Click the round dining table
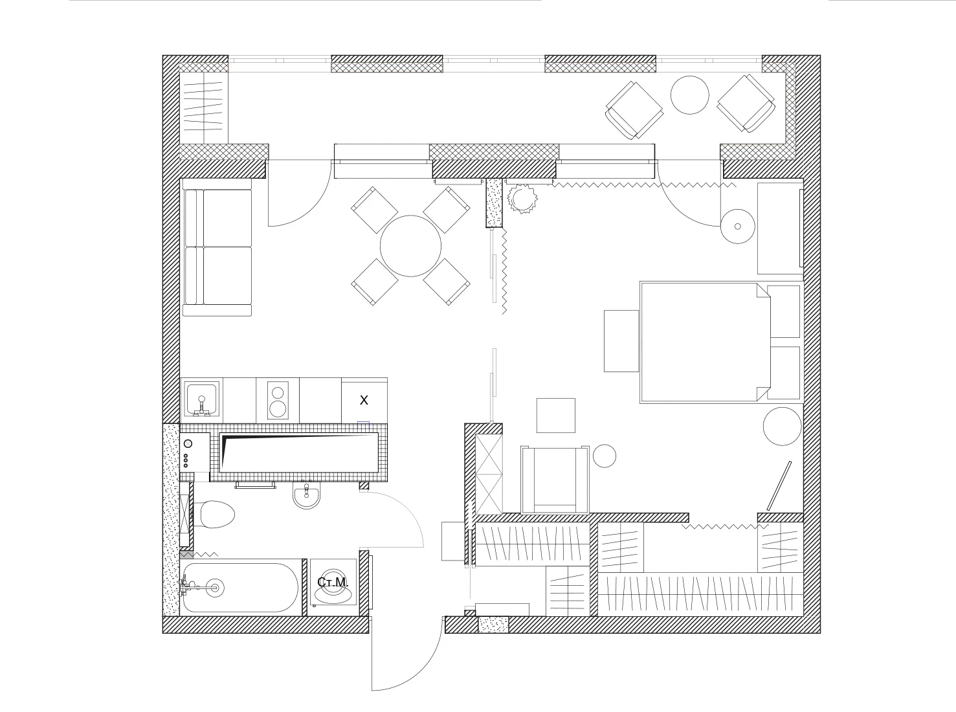(410, 246)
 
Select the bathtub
(239, 588)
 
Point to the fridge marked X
(364, 401)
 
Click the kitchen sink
(201, 399)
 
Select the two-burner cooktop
(278, 400)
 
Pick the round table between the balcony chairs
(689, 95)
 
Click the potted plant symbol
(522, 199)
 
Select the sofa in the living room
(217, 247)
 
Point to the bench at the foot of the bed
(621, 341)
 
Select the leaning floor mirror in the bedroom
(779, 485)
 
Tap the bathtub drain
(215, 588)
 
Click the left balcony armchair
(634, 110)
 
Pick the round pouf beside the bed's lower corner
(782, 427)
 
